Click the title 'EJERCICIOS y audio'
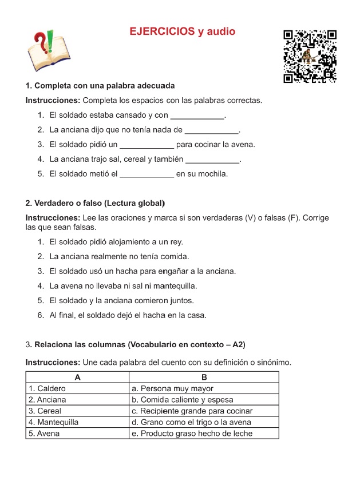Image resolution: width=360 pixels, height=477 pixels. coord(183,32)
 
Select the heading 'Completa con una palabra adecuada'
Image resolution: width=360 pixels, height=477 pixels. coord(100,86)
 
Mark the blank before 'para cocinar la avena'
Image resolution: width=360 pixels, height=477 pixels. coord(147,145)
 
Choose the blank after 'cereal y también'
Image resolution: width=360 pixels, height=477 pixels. coord(213,160)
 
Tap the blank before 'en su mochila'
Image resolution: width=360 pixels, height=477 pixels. coord(147,174)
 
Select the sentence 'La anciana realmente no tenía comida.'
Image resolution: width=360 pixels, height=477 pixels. coord(119,256)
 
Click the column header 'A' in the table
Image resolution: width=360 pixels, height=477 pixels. coord(77,377)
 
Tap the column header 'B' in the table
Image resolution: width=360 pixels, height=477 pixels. coord(204,377)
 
